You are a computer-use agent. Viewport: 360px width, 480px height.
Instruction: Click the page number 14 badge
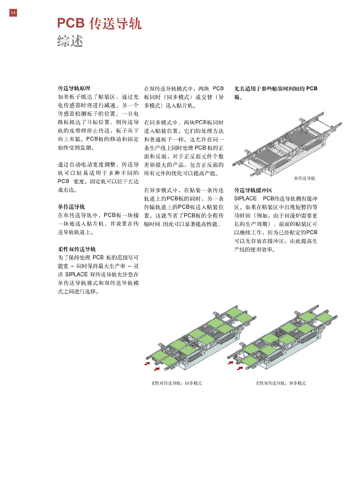pyautogui.click(x=13, y=13)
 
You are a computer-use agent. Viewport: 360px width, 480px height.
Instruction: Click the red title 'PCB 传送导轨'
pyautogui.click(x=99, y=24)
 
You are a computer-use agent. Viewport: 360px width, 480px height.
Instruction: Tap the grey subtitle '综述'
pyautogui.click(x=70, y=41)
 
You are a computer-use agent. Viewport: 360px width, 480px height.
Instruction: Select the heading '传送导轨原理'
pyautogui.click(x=74, y=88)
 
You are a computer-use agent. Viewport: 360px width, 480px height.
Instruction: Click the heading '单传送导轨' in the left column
pyautogui.click(x=71, y=207)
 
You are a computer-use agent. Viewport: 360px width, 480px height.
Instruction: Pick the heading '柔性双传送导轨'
pyautogui.click(x=77, y=249)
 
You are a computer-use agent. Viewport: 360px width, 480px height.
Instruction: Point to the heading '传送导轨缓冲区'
pyautogui.click(x=253, y=190)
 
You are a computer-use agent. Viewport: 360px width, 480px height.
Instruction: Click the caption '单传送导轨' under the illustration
pyautogui.click(x=305, y=178)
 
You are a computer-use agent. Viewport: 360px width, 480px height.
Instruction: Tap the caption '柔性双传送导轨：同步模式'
pyautogui.click(x=176, y=383)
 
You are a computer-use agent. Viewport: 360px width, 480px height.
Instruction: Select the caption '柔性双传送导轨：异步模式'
pyautogui.click(x=281, y=383)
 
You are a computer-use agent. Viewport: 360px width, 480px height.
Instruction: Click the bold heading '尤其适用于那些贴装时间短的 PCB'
pyautogui.click(x=276, y=89)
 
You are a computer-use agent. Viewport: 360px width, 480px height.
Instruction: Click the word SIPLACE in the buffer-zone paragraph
pyautogui.click(x=245, y=199)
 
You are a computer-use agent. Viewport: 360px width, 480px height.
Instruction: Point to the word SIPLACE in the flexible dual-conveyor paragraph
pyautogui.click(x=77, y=274)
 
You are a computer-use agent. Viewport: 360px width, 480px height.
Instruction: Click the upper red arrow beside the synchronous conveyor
pyautogui.click(x=147, y=363)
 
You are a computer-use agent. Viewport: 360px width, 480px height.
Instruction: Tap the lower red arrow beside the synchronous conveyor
pyautogui.click(x=157, y=369)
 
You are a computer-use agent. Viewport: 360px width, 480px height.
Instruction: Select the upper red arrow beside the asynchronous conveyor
pyautogui.click(x=231, y=362)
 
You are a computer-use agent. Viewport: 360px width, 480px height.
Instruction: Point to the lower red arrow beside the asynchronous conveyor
pyautogui.click(x=240, y=368)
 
